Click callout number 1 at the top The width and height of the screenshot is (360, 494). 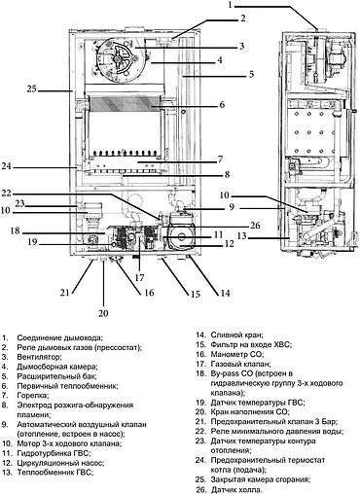(231, 5)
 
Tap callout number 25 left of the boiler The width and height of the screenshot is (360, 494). (31, 89)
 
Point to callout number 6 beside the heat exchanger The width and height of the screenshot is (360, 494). (222, 104)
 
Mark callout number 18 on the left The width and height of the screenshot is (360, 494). (15, 230)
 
